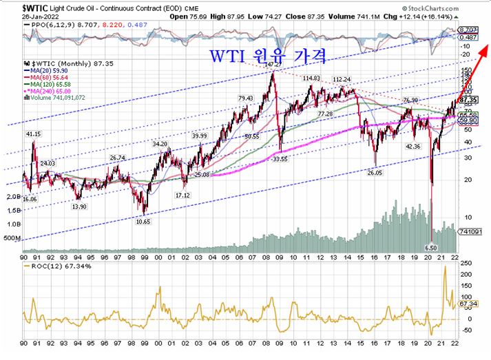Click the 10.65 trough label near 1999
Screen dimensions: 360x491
(143, 222)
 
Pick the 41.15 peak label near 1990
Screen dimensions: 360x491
(33, 134)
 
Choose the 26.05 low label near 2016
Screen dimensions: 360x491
(375, 173)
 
